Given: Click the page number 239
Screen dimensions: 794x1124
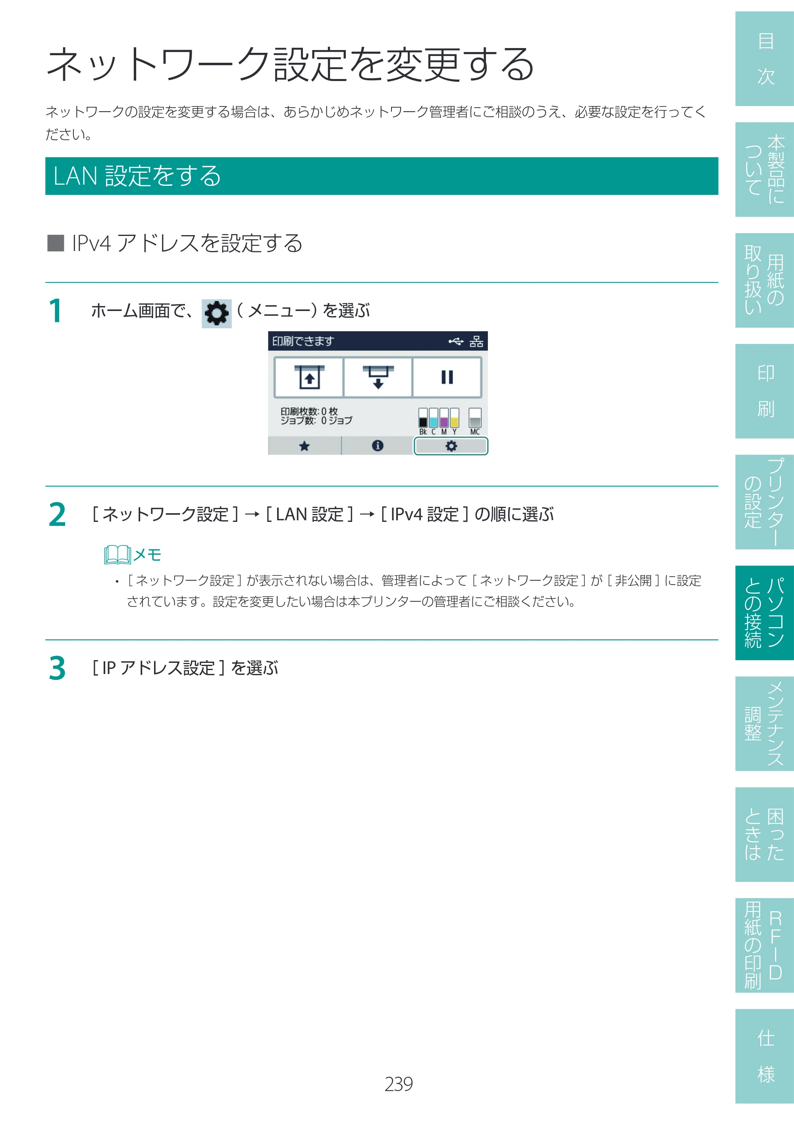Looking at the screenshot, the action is [x=398, y=1084].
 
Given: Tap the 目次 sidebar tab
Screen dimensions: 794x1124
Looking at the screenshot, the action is [x=764, y=59].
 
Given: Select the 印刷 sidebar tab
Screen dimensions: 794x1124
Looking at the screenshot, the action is [x=764, y=391].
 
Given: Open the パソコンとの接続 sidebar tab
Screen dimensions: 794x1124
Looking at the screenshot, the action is [x=764, y=613].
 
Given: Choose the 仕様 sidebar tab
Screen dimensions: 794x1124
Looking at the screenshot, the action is [x=764, y=1056].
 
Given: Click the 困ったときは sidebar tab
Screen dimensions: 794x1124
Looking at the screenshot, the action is [x=764, y=835].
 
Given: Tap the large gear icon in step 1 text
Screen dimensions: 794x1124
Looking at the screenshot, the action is [x=217, y=313].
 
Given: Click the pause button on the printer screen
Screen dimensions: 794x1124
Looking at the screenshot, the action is [x=447, y=377].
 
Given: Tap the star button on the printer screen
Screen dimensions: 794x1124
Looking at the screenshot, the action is [x=304, y=446].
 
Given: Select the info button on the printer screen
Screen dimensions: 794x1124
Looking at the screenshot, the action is [x=377, y=446].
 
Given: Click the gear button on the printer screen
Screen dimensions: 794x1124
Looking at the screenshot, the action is [x=451, y=446].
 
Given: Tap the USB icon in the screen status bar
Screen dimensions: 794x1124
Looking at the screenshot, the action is [x=456, y=341].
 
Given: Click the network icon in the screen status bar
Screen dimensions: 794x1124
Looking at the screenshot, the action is [x=476, y=341].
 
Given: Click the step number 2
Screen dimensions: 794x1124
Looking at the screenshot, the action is [x=57, y=515].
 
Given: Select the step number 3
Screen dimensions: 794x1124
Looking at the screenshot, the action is [x=57, y=669].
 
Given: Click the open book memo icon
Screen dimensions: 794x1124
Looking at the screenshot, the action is [x=118, y=555].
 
